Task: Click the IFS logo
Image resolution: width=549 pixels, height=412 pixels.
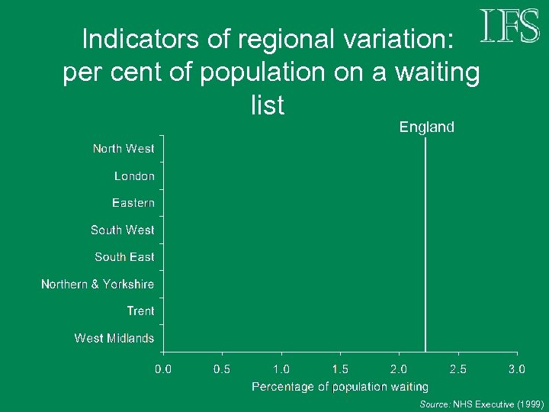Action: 510,27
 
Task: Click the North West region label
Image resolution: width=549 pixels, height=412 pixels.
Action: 124,149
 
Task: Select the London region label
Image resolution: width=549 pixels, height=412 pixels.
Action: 134,176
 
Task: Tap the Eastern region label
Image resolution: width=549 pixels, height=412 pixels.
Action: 133,203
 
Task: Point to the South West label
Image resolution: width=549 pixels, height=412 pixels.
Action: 122,230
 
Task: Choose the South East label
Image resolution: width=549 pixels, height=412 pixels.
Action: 124,257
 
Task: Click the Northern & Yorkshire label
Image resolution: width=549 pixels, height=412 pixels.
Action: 98,284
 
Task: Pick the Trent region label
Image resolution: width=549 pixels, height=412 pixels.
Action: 140,311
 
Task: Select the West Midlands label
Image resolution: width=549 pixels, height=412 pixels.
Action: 114,338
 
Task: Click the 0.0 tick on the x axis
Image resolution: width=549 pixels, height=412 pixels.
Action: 163,369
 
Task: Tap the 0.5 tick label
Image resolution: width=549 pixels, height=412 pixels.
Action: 222,369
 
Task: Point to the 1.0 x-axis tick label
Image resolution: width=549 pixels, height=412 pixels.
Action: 281,369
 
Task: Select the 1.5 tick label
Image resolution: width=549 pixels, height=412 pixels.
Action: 340,369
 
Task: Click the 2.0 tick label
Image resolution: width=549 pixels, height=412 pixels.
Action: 399,369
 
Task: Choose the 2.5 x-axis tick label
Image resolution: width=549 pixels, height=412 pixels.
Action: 458,369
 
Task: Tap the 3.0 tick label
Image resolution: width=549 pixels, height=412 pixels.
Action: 517,369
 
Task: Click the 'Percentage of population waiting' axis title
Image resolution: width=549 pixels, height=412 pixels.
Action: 340,387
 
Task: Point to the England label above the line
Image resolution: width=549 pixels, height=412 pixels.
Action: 427,127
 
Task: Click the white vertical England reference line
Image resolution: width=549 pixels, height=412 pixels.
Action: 425,244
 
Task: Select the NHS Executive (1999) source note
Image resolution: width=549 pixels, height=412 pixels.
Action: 481,404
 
